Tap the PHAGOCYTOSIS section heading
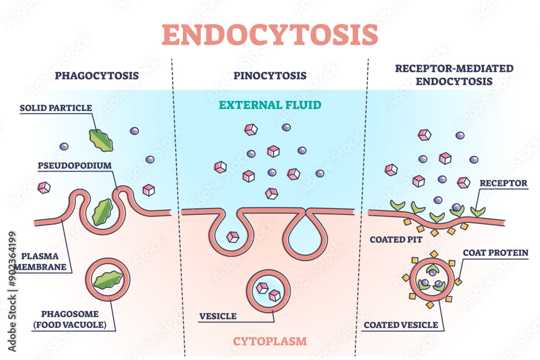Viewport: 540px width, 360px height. (97, 76)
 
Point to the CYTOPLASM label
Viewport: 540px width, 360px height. (269, 341)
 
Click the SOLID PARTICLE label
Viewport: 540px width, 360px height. (56, 108)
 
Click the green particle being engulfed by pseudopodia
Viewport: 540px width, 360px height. (103, 212)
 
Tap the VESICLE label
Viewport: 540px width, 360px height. (218, 316)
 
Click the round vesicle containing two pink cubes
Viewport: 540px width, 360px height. (268, 291)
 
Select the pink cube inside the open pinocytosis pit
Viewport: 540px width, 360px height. (233, 236)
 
